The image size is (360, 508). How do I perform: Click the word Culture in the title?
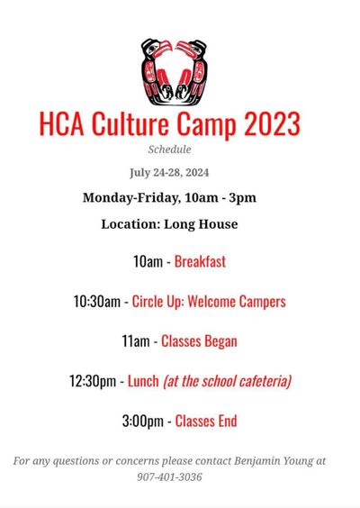(x=134, y=123)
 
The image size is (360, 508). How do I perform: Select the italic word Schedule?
(x=169, y=149)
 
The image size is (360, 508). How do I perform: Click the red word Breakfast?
(x=200, y=261)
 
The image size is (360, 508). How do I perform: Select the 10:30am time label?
(x=96, y=302)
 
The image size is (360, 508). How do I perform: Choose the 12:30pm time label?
(x=93, y=381)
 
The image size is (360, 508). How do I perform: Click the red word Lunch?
(x=143, y=381)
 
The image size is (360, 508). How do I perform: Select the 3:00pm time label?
(x=143, y=421)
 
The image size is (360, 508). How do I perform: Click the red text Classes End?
(x=206, y=421)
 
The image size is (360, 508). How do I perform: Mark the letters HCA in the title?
(x=63, y=123)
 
